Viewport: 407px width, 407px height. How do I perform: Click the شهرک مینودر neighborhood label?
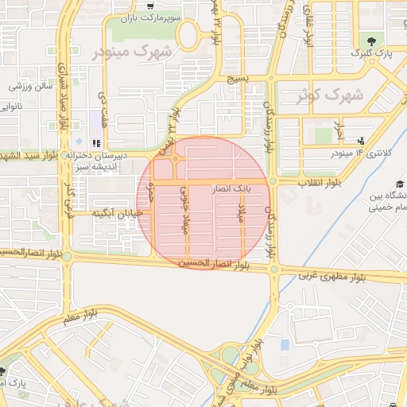(132, 52)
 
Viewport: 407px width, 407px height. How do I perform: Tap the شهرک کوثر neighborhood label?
(328, 95)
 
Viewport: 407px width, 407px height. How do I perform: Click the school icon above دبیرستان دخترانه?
(97, 144)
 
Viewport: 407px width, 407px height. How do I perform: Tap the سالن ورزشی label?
(30, 85)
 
